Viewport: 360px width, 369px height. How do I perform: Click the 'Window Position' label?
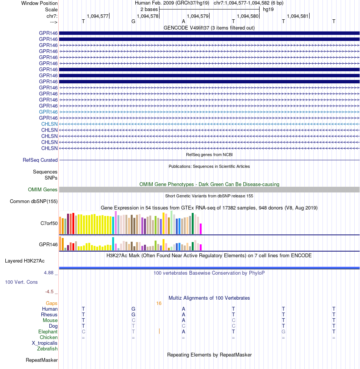click(39, 3)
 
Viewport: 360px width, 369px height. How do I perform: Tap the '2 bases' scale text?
click(149, 9)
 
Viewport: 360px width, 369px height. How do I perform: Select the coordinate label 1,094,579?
click(197, 16)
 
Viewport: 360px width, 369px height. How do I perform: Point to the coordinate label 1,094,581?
click(297, 16)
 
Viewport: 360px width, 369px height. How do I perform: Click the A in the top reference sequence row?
click(183, 22)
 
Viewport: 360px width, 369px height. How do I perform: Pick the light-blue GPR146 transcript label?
click(48, 112)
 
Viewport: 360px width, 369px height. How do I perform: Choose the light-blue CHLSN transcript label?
click(49, 124)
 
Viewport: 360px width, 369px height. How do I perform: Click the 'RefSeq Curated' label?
click(40, 160)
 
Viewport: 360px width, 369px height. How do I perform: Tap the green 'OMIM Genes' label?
click(42, 190)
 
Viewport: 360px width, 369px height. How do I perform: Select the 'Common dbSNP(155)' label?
click(34, 202)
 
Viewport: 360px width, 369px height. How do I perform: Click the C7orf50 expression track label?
click(49, 223)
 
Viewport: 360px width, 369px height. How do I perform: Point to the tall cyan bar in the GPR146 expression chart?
click(113, 244)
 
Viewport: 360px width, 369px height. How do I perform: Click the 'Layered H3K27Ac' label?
click(25, 261)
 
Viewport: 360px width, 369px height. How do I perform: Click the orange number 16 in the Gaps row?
click(159, 303)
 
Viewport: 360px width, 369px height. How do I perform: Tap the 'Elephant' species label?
click(48, 332)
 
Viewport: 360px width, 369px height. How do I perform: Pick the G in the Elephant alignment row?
click(283, 332)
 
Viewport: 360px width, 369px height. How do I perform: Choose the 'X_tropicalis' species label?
click(45, 343)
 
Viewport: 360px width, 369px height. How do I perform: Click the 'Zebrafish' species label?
click(47, 349)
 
